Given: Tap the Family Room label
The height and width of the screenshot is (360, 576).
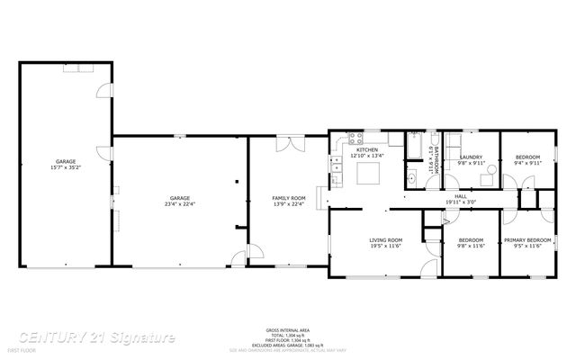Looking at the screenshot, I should coord(289,201).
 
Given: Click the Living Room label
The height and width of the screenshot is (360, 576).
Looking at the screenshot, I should coord(385,242).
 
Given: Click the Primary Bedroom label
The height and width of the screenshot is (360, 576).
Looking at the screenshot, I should coord(522,242).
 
